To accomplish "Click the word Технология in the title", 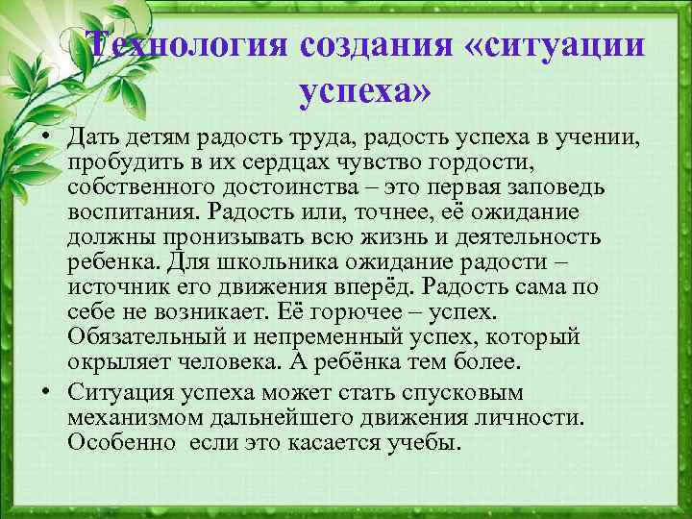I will pyautogui.click(x=184, y=47).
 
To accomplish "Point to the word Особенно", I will pyautogui.click(x=120, y=444).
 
